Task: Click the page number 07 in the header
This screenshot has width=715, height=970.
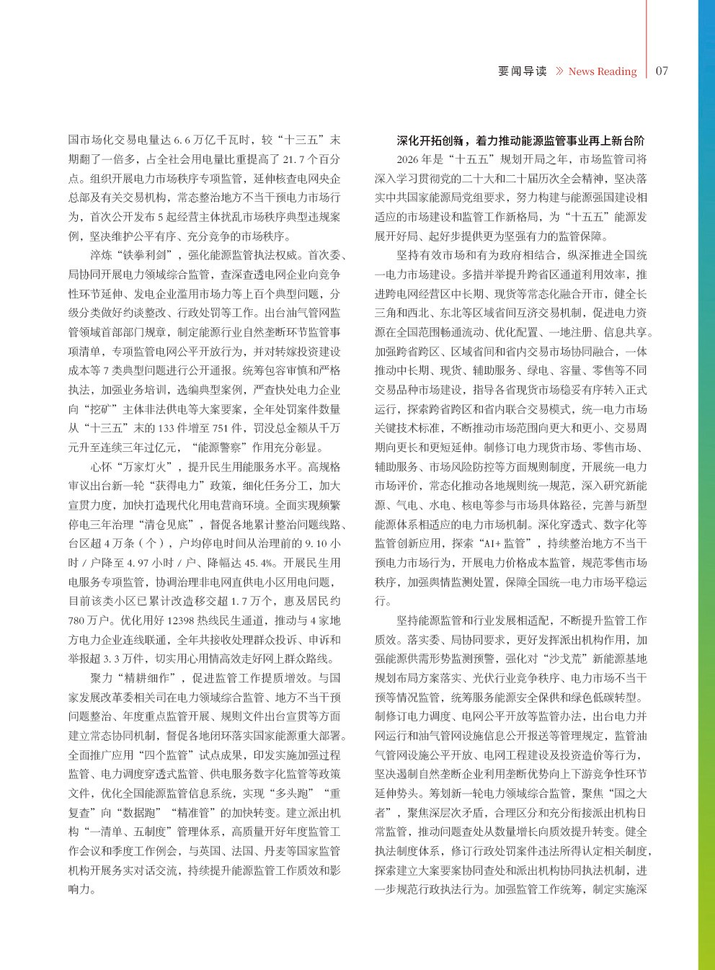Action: (662, 71)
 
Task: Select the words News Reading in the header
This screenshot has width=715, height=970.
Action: (602, 71)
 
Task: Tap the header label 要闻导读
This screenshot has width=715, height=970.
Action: (523, 71)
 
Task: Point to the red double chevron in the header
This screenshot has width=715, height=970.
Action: (559, 71)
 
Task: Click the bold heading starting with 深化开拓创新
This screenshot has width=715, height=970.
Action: (520, 141)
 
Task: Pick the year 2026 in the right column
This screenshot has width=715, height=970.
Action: (408, 159)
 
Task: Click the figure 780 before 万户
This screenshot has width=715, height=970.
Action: (77, 620)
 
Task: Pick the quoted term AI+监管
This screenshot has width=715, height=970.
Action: (506, 543)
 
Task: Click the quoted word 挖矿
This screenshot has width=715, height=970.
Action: (95, 409)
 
